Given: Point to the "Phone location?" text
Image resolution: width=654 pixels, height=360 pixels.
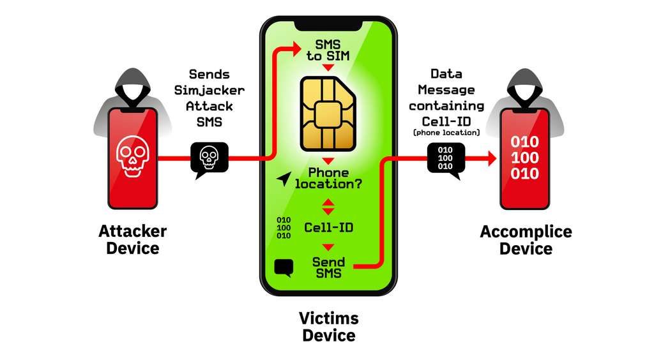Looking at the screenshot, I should coord(328,178).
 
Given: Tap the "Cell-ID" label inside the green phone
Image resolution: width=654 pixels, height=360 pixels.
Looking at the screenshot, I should coord(328,227).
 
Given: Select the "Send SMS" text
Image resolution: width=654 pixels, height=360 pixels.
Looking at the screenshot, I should coord(328,267).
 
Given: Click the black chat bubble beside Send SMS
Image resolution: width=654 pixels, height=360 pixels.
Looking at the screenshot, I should coord(283,267).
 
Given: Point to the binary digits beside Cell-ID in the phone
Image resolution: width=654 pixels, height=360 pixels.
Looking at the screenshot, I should coord(283,227).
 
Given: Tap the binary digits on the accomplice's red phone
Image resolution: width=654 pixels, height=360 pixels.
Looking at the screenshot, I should coord(524,158).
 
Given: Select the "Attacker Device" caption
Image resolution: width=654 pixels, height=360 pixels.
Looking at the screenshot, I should coord(132,239).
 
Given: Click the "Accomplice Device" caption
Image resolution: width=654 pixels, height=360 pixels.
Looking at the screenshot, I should coord(526,239).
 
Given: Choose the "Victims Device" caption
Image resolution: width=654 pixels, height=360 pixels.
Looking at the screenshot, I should coord(328,326).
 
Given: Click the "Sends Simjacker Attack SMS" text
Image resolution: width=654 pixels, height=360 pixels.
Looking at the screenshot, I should coord(209,98).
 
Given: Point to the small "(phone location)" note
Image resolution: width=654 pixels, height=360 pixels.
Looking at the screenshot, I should coord(446,132).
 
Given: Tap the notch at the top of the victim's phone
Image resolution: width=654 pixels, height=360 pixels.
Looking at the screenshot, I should coord(328,24).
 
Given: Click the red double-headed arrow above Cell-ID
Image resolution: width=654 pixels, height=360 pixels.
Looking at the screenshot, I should coord(328,206).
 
